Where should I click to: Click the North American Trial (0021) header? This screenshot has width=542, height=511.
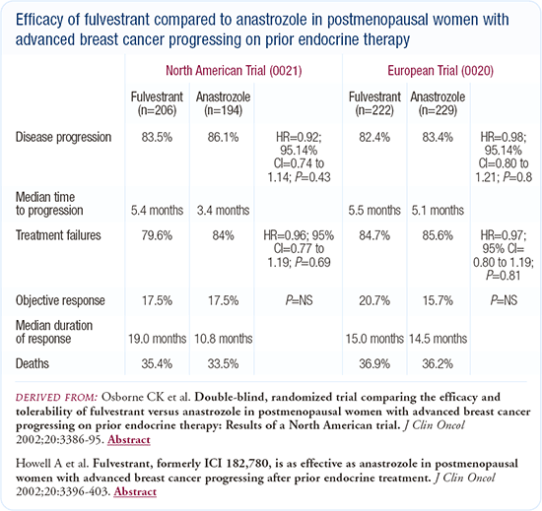234,71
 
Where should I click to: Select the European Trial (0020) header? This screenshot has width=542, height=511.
440,71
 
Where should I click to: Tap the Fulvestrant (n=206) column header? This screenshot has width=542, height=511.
157,103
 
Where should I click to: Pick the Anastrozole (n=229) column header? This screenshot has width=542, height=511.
438,103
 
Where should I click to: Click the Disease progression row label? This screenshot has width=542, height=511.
63,138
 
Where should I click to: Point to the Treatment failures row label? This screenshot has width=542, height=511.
58,235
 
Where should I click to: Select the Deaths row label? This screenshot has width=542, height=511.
33,363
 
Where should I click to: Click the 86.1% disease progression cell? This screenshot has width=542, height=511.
223,138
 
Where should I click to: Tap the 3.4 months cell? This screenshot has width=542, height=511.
223,211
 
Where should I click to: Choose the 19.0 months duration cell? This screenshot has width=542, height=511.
158,339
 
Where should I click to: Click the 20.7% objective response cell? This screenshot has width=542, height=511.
374,300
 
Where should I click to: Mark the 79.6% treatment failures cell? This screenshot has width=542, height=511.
157,235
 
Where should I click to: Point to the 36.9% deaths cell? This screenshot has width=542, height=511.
374,364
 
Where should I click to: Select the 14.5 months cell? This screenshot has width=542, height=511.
438,339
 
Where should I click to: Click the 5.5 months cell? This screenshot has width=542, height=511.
374,211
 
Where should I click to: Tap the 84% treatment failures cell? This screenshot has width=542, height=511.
223,235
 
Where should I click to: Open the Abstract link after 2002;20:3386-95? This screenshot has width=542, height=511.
128,440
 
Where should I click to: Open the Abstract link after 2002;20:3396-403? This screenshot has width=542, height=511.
135,491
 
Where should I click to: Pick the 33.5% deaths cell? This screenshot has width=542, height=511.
223,364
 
